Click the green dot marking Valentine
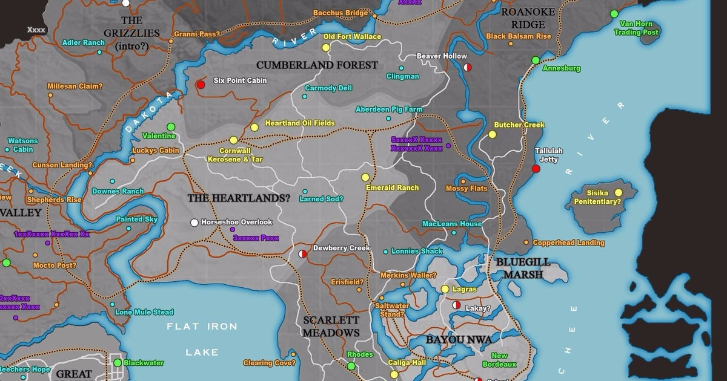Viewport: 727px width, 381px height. click(x=171, y=126)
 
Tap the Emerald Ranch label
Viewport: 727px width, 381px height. click(x=392, y=187)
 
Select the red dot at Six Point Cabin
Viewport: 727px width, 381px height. click(x=201, y=85)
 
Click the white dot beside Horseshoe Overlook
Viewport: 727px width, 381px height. click(x=194, y=223)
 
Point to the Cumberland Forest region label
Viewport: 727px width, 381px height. click(x=317, y=65)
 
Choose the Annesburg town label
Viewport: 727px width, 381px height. click(x=561, y=68)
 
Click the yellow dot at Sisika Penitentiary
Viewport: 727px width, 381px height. click(x=618, y=193)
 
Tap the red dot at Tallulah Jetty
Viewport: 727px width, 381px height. click(x=536, y=169)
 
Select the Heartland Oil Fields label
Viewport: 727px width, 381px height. click(x=300, y=123)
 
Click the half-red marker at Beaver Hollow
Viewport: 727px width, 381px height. click(x=467, y=67)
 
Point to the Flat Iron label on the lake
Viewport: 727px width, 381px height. click(x=202, y=327)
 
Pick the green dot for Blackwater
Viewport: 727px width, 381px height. click(x=117, y=363)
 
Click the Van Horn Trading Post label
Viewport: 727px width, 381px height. click(x=636, y=28)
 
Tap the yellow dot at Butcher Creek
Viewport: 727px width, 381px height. click(x=492, y=134)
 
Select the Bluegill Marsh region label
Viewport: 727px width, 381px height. click(x=523, y=268)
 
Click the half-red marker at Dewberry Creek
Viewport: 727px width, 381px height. click(x=303, y=255)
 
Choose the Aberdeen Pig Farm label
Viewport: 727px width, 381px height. click(x=388, y=109)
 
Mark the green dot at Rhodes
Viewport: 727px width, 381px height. click(x=351, y=366)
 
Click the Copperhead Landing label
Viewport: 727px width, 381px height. click(x=568, y=243)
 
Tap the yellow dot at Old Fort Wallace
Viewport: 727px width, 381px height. click(x=326, y=47)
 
